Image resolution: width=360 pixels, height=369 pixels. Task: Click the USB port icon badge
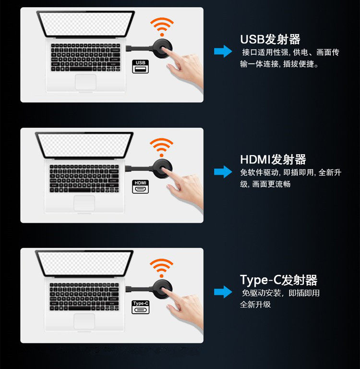(140, 66)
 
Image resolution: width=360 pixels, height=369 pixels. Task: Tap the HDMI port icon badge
(140, 186)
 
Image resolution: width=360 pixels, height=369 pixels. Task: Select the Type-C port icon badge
(140, 307)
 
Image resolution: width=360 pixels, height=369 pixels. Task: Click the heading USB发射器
(270, 39)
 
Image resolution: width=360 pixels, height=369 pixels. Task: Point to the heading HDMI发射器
(273, 160)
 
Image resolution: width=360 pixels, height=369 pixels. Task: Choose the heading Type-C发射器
(279, 280)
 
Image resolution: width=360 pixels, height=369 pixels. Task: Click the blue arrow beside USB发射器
(223, 51)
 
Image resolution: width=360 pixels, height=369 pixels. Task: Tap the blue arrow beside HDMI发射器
(223, 172)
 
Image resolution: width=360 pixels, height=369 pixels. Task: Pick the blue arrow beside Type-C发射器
(223, 292)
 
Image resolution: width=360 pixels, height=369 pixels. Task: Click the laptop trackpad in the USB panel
(85, 82)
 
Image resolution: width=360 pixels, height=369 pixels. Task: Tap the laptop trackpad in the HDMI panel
(84, 203)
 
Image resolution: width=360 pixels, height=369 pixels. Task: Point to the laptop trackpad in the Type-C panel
(84, 321)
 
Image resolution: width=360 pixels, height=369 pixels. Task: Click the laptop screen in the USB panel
(85, 24)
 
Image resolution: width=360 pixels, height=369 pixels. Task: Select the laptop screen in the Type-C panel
(84, 264)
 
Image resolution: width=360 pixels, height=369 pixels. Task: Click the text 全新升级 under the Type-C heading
(255, 305)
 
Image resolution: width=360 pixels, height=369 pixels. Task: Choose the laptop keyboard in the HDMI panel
(84, 178)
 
